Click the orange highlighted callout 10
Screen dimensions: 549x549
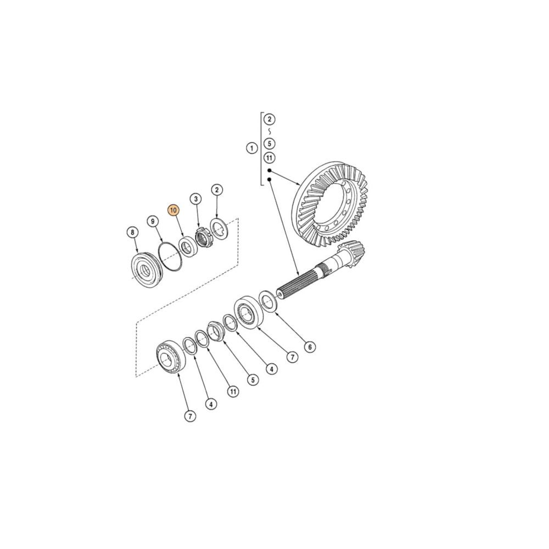pyautogui.click(x=173, y=210)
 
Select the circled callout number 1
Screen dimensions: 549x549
pyautogui.click(x=252, y=148)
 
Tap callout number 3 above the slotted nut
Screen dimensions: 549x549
pyautogui.click(x=194, y=198)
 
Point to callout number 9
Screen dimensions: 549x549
pyautogui.click(x=153, y=221)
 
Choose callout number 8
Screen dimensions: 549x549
pyautogui.click(x=132, y=232)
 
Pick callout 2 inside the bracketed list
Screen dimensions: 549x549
pyautogui.click(x=269, y=119)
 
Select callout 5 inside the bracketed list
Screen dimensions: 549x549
pyautogui.click(x=269, y=144)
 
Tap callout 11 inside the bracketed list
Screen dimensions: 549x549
pyautogui.click(x=269, y=158)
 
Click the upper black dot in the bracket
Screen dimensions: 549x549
pyautogui.click(x=269, y=171)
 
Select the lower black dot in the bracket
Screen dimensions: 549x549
pyautogui.click(x=269, y=180)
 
